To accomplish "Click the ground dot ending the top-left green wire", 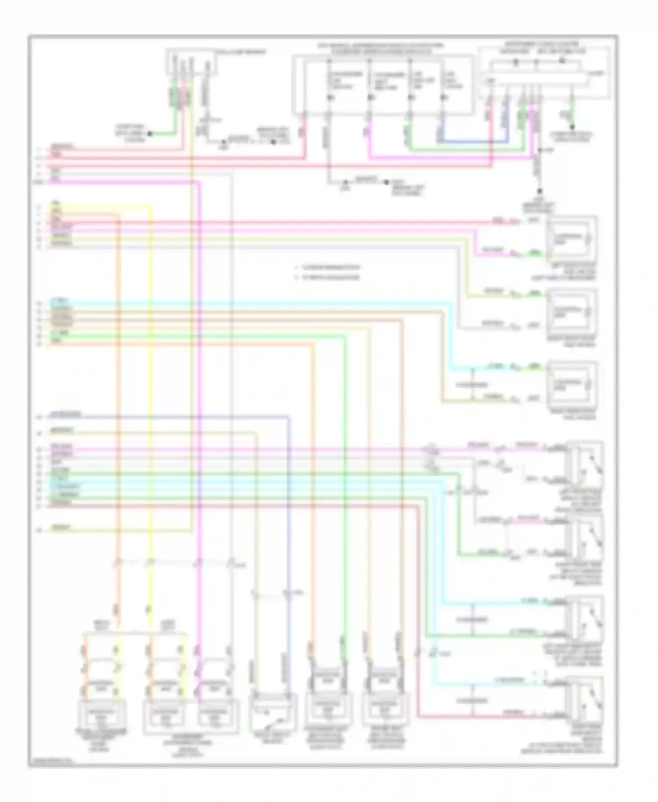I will click(x=150, y=133).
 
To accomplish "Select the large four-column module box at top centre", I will click(x=383, y=85).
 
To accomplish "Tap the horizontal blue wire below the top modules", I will click(x=474, y=142).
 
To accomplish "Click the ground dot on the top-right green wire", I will click(x=572, y=127).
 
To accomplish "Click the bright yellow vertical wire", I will click(x=150, y=395).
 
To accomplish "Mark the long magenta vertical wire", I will click(x=199, y=395).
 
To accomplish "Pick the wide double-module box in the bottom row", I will click(x=191, y=717).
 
